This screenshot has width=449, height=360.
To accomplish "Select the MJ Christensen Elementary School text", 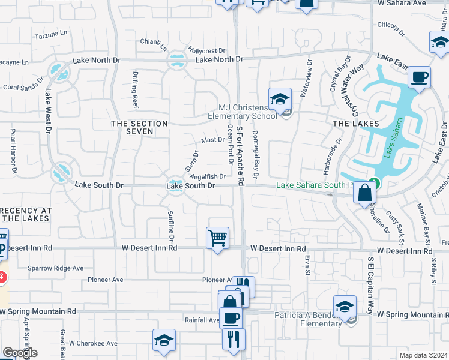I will click(x=243, y=111).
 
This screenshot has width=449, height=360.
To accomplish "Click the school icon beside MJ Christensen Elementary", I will click(x=280, y=100).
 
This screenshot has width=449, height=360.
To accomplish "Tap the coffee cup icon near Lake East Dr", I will click(x=419, y=77).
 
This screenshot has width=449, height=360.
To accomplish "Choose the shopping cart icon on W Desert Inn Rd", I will click(x=217, y=238).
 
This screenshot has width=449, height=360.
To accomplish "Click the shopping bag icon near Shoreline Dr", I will click(x=364, y=193).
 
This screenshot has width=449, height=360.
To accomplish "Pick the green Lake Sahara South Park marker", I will click(x=375, y=183).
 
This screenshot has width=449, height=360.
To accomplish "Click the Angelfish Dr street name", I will click(x=208, y=176).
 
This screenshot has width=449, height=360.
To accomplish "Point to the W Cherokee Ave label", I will click(x=93, y=343).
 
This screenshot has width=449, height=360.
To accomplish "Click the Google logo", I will click(x=20, y=353).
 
